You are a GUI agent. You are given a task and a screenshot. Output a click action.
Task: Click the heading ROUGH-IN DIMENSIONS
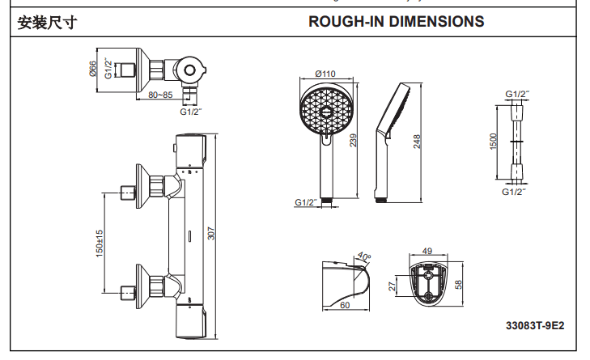tap(397, 21)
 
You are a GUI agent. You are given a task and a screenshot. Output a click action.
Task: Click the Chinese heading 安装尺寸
tap(47, 22)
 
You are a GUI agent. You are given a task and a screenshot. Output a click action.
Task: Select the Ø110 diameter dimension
tap(325, 74)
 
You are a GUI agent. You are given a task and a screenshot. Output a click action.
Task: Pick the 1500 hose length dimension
tap(493, 142)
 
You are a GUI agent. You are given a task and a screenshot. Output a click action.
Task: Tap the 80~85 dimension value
tap(161, 95)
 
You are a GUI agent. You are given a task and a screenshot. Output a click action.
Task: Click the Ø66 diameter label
tap(93, 69)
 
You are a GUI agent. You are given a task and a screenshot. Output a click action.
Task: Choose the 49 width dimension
tap(428, 251)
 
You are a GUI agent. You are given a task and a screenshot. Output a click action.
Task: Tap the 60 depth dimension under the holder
tap(343, 305)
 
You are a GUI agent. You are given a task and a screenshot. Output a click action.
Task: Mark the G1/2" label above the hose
tap(517, 94)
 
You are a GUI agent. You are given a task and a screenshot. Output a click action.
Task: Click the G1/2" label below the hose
tap(514, 192)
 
